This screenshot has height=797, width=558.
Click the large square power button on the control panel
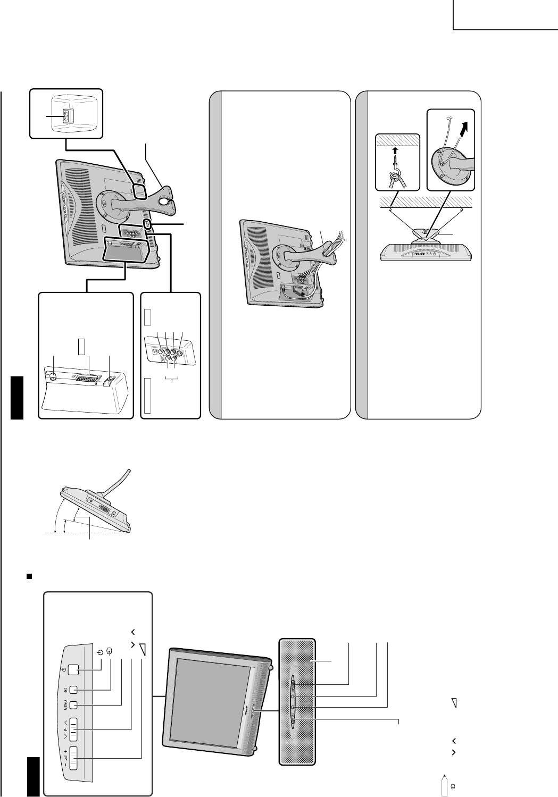[x=74, y=670]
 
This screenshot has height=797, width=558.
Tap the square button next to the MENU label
[x=74, y=705]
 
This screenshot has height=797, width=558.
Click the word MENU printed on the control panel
[x=65, y=705]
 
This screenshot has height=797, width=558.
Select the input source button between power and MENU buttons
[x=74, y=690]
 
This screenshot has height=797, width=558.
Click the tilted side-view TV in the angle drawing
[x=98, y=502]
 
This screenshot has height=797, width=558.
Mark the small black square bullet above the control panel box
[x=30, y=576]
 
